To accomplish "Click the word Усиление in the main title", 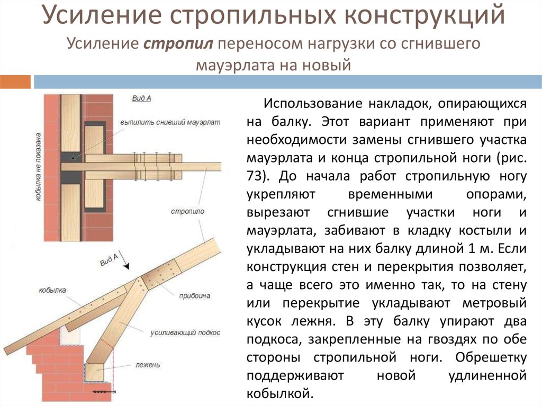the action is (102, 15).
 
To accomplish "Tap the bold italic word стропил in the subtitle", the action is (178, 44).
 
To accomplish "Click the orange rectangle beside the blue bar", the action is (15, 82).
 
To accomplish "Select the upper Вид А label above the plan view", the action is (141, 98).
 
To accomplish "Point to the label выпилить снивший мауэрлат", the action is (170, 122).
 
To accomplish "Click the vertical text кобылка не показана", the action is (38, 167).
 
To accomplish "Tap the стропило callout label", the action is (187, 211).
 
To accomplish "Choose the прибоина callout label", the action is (195, 296).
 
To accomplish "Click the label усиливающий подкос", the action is (185, 332).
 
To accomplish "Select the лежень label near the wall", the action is (148, 365).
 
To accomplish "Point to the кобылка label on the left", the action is (52, 290).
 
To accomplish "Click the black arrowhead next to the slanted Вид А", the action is (127, 266).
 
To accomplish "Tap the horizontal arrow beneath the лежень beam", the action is (104, 392).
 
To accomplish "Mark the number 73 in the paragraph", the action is (255, 176).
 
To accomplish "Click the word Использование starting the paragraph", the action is (313, 104).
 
